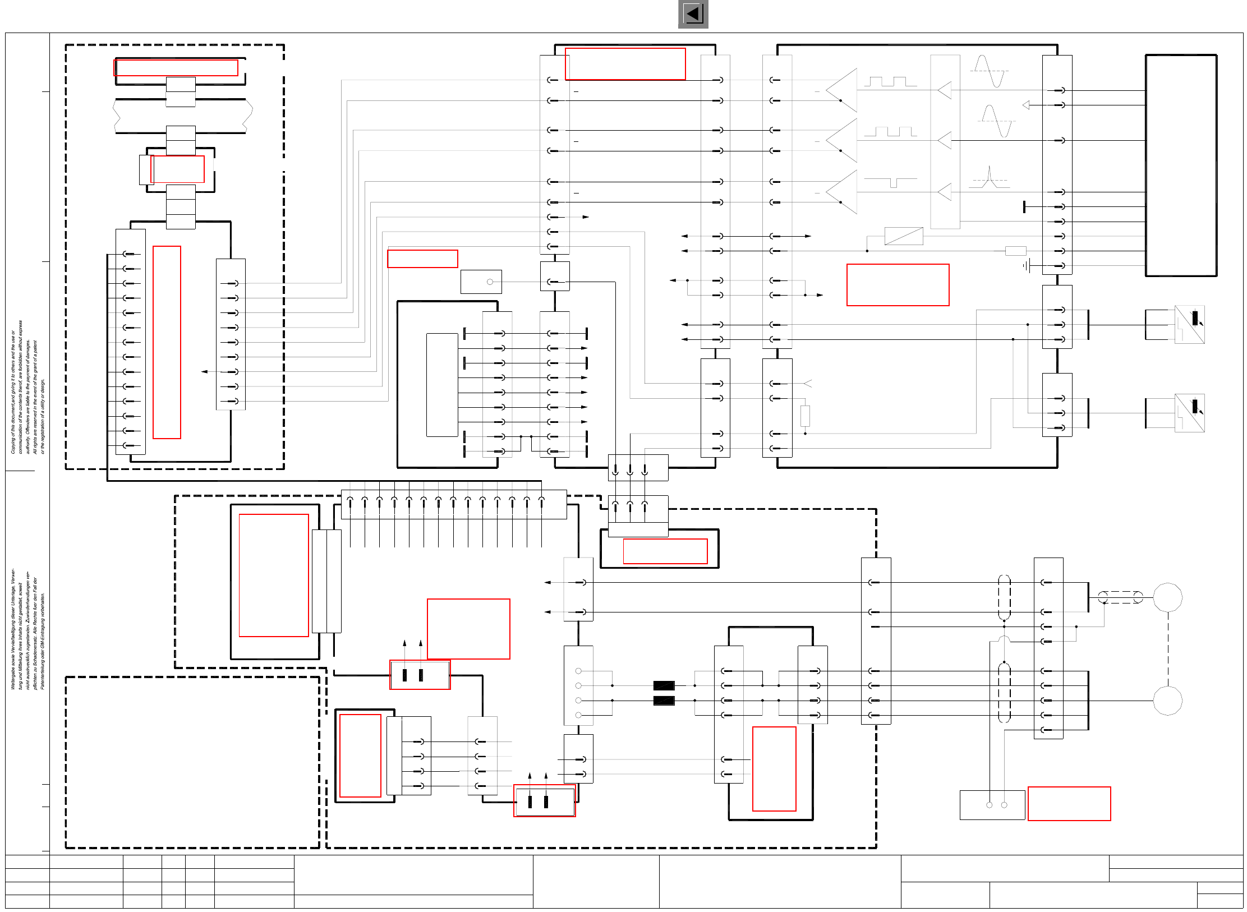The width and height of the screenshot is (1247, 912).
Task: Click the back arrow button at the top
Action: [x=693, y=14]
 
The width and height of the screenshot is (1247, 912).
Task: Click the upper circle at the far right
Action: [x=1167, y=597]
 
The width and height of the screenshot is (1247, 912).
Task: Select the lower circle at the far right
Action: [x=1167, y=701]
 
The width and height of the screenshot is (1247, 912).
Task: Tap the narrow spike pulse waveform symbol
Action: [x=990, y=177]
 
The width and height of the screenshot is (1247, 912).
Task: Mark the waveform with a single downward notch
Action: [x=891, y=182]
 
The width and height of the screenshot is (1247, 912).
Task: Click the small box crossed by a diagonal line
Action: [x=904, y=236]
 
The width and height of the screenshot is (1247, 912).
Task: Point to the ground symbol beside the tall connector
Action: [x=1027, y=266]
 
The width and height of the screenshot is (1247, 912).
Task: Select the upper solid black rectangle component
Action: [x=664, y=685]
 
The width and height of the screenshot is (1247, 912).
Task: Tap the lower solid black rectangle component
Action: [x=664, y=701]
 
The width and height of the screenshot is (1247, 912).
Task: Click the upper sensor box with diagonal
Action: [x=1189, y=324]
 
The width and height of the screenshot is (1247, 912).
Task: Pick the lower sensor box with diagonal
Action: [x=1189, y=413]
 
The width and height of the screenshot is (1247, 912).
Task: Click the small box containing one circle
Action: [x=481, y=282]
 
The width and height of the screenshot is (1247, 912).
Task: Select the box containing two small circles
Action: [x=992, y=805]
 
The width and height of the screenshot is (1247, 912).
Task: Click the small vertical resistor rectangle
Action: [x=805, y=416]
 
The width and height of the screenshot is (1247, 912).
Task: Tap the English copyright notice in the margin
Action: [x=27, y=387]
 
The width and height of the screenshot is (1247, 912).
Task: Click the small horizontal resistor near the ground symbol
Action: [x=1015, y=251]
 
